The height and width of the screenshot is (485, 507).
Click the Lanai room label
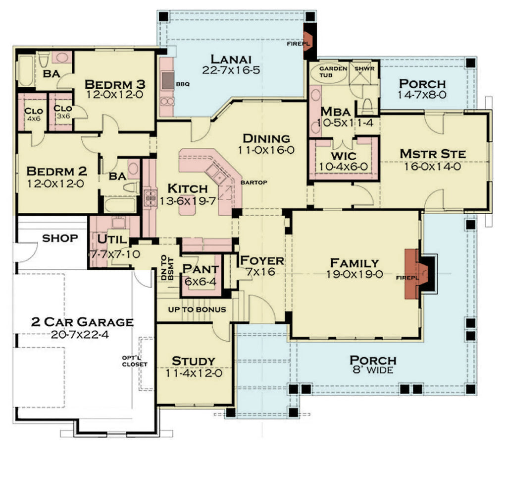(231, 59)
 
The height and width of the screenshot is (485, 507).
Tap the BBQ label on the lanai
(183, 84)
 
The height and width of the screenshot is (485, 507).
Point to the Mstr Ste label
(433, 154)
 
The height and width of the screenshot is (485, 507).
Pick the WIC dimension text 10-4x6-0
(343, 167)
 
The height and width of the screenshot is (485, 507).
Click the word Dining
(266, 138)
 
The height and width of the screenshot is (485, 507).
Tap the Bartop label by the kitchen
(254, 182)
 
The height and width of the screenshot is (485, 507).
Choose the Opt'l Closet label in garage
(136, 361)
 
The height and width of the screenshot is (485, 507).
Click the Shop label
(60, 238)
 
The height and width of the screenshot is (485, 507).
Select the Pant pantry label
(201, 269)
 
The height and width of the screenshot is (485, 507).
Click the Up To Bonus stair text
(198, 309)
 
